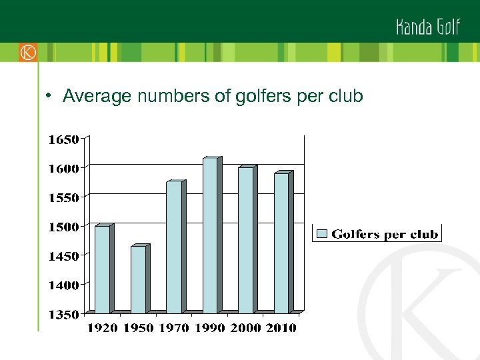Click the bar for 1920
click(x=102, y=269)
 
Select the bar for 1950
click(x=138, y=279)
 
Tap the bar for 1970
click(x=173, y=247)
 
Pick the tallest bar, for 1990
click(x=210, y=235)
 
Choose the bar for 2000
click(x=245, y=240)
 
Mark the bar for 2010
click(x=281, y=243)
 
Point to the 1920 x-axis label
click(x=103, y=327)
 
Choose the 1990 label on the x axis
click(x=210, y=327)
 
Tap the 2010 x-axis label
click(x=281, y=327)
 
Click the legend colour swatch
click(x=322, y=234)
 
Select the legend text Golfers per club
click(x=385, y=234)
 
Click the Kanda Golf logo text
click(x=428, y=27)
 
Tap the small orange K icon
click(x=28, y=52)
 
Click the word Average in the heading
click(x=97, y=97)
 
